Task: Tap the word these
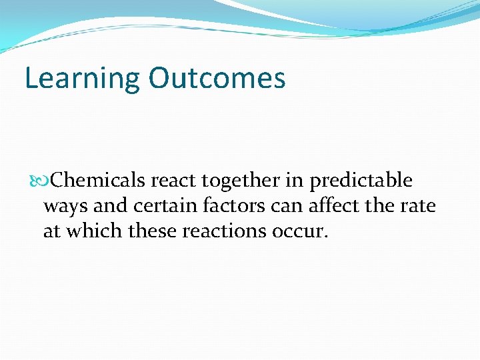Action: tap(145, 231)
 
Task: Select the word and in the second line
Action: tap(110, 206)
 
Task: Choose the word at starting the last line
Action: tap(51, 231)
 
